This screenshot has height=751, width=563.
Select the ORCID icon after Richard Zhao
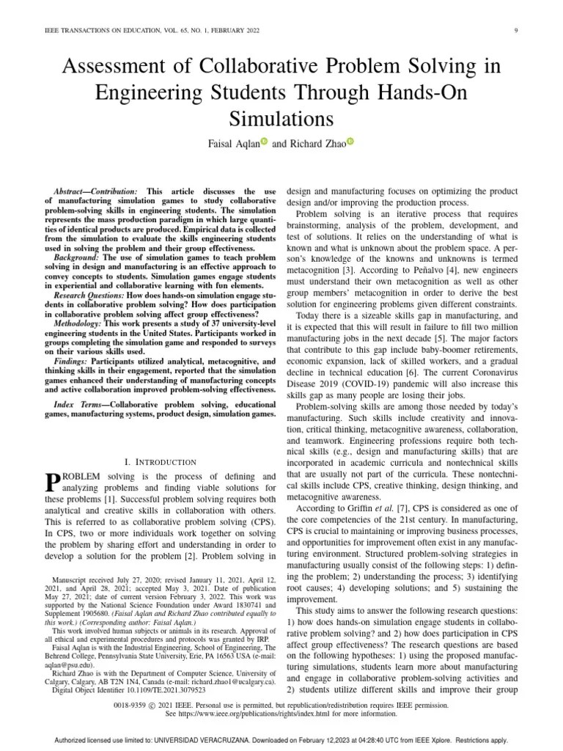[x=350, y=142]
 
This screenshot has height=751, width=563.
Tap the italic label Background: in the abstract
[x=78, y=258]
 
